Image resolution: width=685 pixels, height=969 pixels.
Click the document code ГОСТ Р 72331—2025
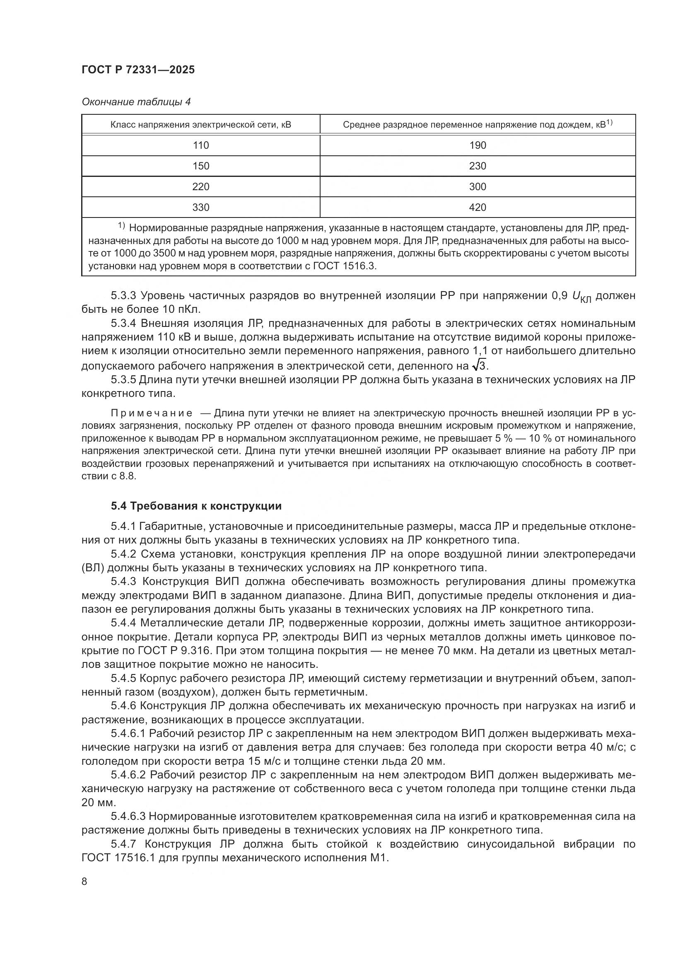138,70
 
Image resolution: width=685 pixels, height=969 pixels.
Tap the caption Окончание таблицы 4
136,102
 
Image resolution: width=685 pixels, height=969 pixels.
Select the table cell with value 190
478,145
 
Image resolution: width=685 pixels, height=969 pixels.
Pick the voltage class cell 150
201,166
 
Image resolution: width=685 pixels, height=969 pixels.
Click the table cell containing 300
478,186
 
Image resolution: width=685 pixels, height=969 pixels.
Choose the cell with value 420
478,207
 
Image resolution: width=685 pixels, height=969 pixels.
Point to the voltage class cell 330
201,207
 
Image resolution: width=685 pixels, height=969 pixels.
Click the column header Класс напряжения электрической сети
201,125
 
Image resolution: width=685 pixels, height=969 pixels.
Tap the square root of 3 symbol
480,364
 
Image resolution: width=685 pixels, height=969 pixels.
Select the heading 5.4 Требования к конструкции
196,506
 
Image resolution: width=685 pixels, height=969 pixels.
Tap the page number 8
84,882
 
